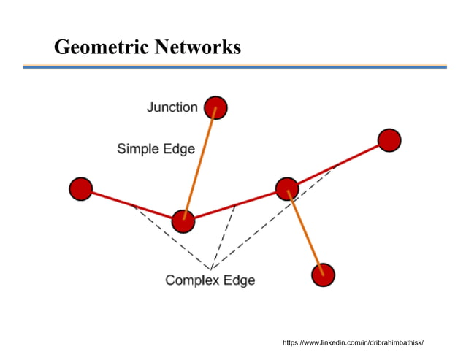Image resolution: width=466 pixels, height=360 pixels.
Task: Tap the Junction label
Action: pyautogui.click(x=172, y=107)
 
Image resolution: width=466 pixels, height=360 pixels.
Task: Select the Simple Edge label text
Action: pyautogui.click(x=156, y=149)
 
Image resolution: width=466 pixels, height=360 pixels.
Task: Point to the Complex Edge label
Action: pyautogui.click(x=210, y=280)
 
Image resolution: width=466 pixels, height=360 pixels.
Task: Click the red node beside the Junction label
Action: pyautogui.click(x=215, y=108)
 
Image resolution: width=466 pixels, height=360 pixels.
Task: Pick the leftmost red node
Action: pyautogui.click(x=80, y=189)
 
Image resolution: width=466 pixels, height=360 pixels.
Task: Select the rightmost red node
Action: pyautogui.click(x=389, y=139)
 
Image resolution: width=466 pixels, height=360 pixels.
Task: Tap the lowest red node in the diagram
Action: pyautogui.click(x=322, y=275)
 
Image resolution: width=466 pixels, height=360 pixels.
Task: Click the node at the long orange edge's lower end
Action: pyautogui.click(x=183, y=221)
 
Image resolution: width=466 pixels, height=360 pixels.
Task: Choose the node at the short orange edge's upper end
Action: pyautogui.click(x=287, y=188)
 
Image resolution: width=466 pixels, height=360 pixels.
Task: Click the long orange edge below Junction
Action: pyautogui.click(x=199, y=164)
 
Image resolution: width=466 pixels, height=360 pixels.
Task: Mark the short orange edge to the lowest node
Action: pyautogui.click(x=305, y=233)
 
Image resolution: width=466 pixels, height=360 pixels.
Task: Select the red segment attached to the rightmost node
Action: pyautogui.click(x=338, y=164)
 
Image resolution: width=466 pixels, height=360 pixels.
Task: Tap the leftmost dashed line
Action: pyautogui.click(x=172, y=238)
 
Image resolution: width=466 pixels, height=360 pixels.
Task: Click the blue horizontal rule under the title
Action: pyautogui.click(x=234, y=66)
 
